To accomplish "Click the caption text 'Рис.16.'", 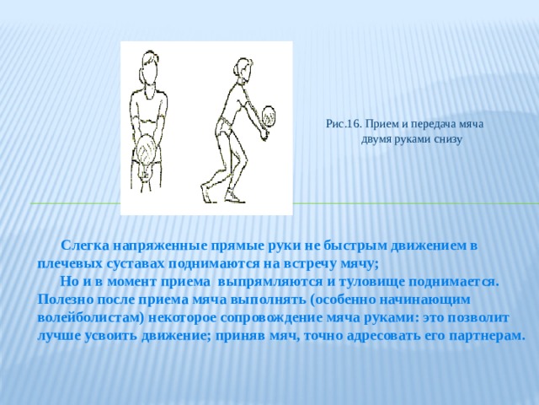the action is coord(344,124).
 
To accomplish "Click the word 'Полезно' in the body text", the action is coord(66,300).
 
